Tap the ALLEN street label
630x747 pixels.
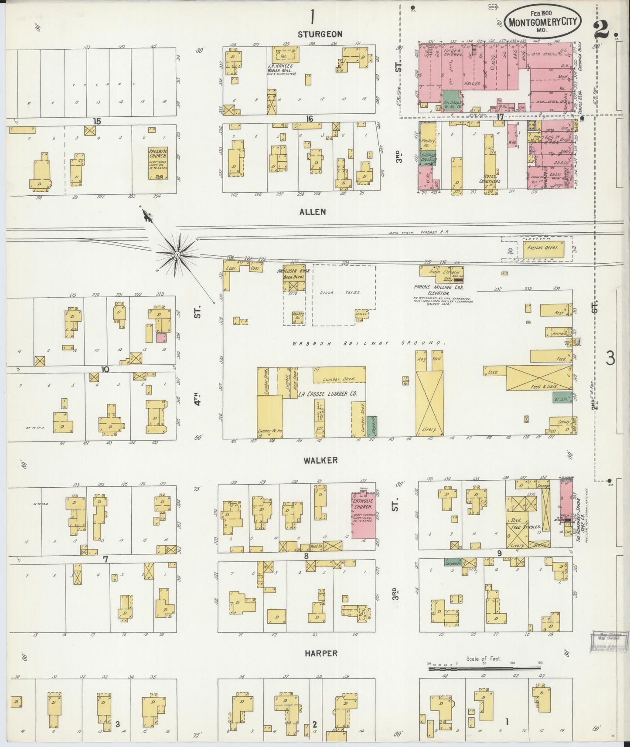pyautogui.click(x=312, y=212)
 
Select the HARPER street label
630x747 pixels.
pyautogui.click(x=321, y=653)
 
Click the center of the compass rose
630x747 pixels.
pyautogui.click(x=177, y=254)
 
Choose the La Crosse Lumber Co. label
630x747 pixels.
pyautogui.click(x=327, y=394)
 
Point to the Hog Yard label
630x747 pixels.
pyautogui.click(x=436, y=359)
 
